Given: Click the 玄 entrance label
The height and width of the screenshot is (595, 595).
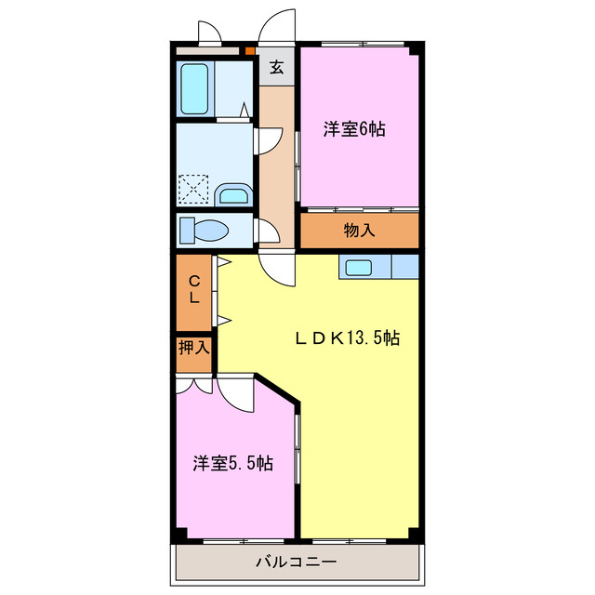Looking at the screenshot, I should (276, 66).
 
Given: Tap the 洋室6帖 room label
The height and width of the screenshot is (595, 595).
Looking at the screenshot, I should (354, 130).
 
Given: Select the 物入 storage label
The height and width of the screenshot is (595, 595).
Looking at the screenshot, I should (359, 230).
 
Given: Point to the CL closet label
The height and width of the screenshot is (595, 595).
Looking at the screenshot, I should (194, 290).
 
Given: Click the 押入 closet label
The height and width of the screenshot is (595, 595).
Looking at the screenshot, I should (194, 350).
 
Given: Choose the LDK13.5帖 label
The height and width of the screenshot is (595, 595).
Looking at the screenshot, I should (348, 338).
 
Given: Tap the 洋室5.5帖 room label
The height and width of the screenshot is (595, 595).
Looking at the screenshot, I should (232, 462).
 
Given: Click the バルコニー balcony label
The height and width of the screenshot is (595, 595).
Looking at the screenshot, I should (296, 562).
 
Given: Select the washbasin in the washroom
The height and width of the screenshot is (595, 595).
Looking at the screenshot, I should (232, 195).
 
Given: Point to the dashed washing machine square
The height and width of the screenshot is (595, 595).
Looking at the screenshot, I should (194, 190).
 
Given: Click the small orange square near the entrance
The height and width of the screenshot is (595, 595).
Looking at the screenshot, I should (249, 51).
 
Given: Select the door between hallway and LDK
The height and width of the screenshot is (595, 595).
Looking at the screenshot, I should (276, 267).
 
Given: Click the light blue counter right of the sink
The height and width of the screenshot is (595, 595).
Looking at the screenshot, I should (405, 267).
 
